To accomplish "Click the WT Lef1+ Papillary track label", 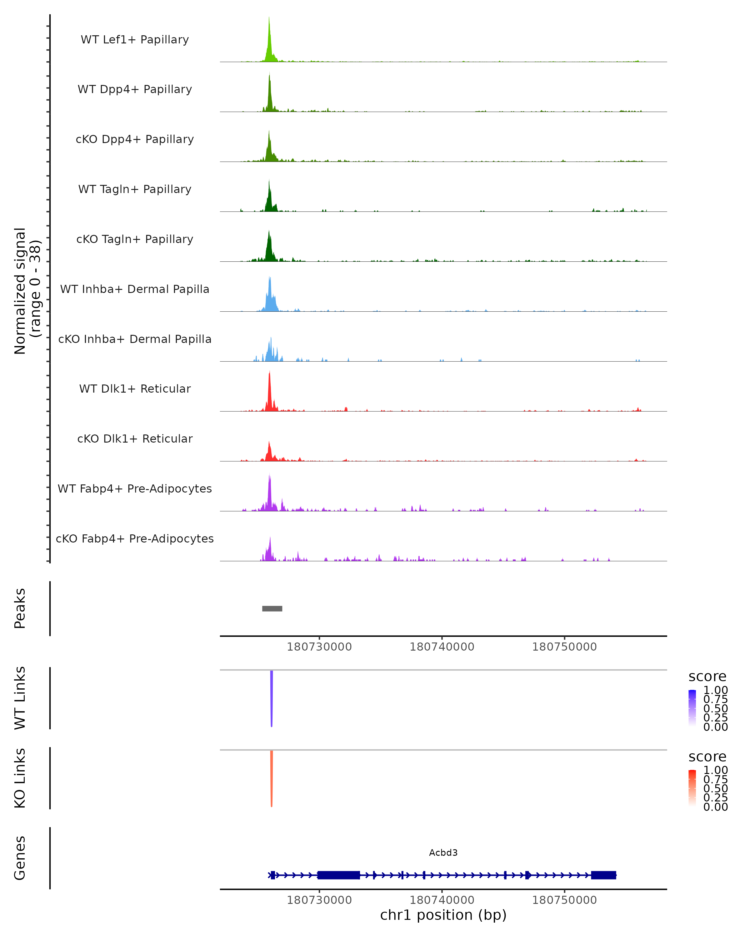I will pyautogui.click(x=135, y=40).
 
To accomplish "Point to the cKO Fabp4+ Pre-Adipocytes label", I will pyautogui.click(x=135, y=538).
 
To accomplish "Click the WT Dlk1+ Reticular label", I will pyautogui.click(x=135, y=389).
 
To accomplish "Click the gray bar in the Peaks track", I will pyautogui.click(x=272, y=608).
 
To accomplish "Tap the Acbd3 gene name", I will pyautogui.click(x=443, y=853).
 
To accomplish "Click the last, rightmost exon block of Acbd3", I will pyautogui.click(x=603, y=875).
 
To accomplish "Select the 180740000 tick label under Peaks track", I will pyautogui.click(x=442, y=647).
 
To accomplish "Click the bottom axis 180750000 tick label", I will pyautogui.click(x=564, y=900).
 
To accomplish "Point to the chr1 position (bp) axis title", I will pyautogui.click(x=443, y=915).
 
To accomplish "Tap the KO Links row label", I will pyautogui.click(x=20, y=778).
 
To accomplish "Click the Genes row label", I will pyautogui.click(x=20, y=858).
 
